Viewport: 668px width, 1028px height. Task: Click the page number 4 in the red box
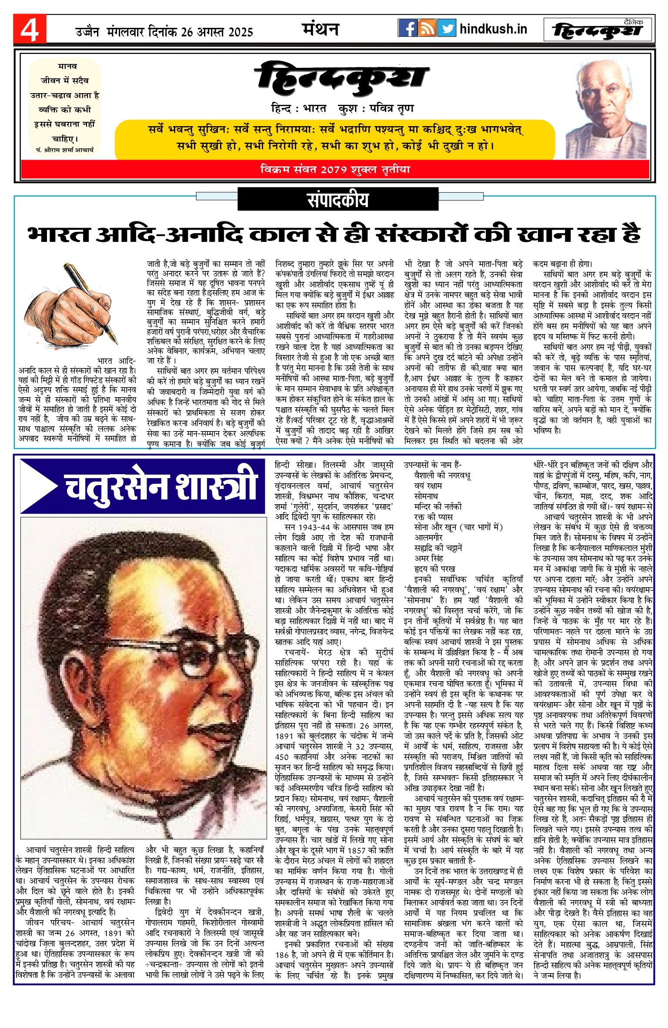29,29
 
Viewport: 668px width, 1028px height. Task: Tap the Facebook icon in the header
407,28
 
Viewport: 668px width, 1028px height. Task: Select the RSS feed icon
427,28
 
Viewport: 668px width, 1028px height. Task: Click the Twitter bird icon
447,28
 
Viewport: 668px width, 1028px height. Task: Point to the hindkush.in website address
493,29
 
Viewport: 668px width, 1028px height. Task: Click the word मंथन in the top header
321,29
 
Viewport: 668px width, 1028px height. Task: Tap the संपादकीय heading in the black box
337,200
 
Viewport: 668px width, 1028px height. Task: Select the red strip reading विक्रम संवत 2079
335,170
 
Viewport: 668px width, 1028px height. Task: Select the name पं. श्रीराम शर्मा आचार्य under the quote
65,150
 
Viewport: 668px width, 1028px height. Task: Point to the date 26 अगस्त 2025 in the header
217,32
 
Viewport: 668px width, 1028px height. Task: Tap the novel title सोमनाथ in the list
426,496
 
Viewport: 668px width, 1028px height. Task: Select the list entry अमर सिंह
429,558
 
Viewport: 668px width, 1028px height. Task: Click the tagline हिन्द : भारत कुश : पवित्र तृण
342,108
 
